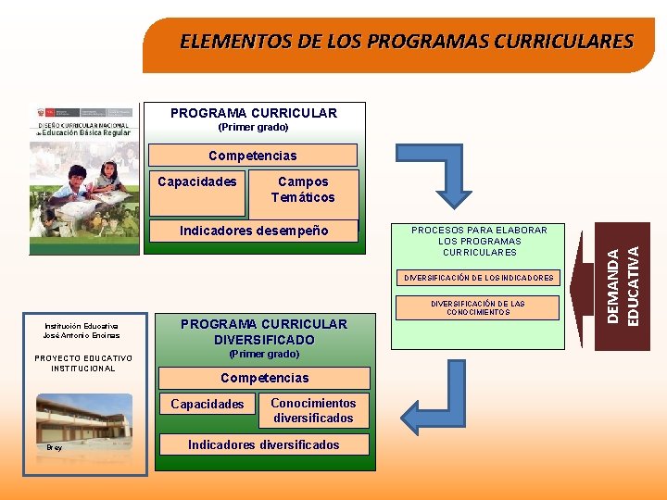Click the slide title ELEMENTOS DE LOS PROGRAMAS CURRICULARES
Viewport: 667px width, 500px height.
click(x=407, y=42)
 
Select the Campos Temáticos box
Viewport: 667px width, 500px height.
click(x=303, y=190)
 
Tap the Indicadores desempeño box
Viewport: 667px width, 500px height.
click(x=254, y=231)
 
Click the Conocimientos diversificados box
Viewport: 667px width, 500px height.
click(x=313, y=410)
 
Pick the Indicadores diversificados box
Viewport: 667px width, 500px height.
click(x=264, y=445)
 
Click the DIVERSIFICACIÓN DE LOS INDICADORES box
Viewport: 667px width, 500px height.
click(x=478, y=277)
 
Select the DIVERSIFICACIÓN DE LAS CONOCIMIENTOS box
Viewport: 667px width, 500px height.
click(x=478, y=308)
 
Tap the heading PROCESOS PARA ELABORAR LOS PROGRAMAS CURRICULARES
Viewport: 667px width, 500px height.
click(x=479, y=241)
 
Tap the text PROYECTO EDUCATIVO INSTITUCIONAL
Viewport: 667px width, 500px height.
click(x=82, y=363)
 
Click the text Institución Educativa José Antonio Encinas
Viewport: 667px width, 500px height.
click(x=82, y=331)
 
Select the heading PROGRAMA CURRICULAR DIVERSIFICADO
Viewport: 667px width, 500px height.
click(x=264, y=331)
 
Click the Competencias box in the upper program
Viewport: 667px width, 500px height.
click(x=253, y=156)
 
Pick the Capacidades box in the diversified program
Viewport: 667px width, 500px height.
click(x=208, y=404)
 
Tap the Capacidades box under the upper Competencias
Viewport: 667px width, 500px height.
click(x=197, y=182)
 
